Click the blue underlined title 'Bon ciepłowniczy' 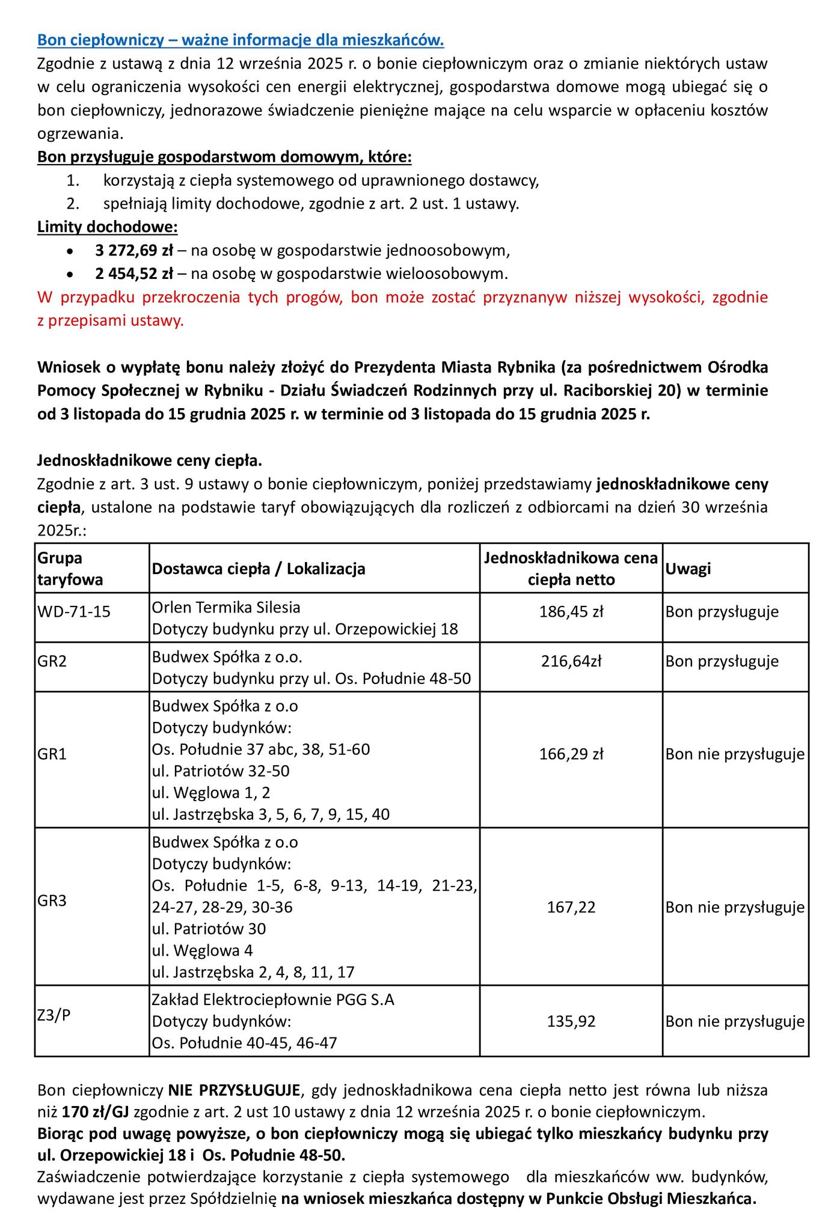[240, 40]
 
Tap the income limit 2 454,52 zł [133, 274]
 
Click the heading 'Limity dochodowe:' [108, 227]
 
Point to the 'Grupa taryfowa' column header [70, 569]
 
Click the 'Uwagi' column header [688, 569]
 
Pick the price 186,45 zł [571, 612]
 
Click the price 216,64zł [571, 661]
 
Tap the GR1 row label [52, 754]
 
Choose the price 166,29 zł [571, 754]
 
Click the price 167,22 [571, 906]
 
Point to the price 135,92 [571, 1021]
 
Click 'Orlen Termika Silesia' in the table [226, 607]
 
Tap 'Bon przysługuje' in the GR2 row [722, 661]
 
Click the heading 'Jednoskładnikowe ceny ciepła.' [150, 461]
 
